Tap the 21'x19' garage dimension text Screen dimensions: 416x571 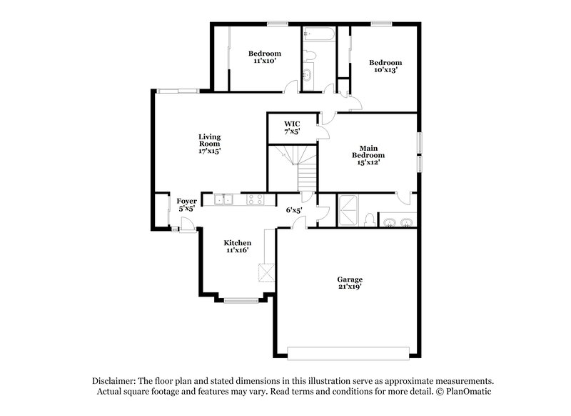coord(350,286)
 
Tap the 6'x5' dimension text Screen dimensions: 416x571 coord(294,210)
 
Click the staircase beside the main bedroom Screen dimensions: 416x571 coord(300,166)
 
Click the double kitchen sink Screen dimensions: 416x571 coord(223,200)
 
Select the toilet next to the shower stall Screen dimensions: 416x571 coord(366,219)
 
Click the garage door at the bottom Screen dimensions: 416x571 coord(348,352)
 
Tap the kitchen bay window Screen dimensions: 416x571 coord(241,300)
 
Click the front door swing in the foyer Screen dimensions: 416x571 coord(186,224)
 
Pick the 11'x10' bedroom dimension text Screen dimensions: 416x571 coord(264,61)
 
